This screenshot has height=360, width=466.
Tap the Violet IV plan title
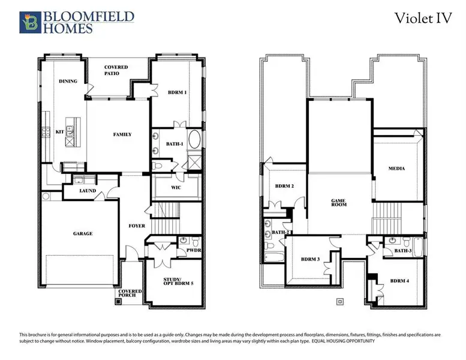click(422, 18)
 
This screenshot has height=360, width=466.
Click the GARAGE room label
click(83, 233)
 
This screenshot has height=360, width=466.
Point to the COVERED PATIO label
click(116, 70)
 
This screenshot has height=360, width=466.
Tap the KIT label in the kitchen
click(59, 131)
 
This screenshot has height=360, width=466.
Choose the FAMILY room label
click(122, 134)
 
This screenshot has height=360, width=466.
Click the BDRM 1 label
click(177, 92)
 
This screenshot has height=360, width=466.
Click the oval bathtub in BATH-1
click(195, 142)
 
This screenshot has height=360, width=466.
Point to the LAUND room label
click(88, 191)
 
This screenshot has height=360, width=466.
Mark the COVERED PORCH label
click(130, 293)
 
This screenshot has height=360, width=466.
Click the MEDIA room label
click(396, 169)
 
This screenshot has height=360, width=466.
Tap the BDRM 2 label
click(284, 187)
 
